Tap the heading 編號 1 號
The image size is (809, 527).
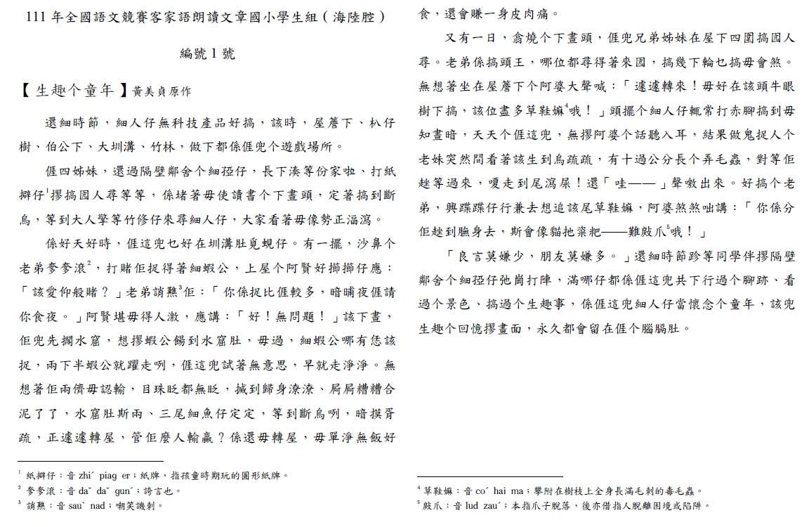207,53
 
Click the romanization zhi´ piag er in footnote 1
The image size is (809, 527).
103,476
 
